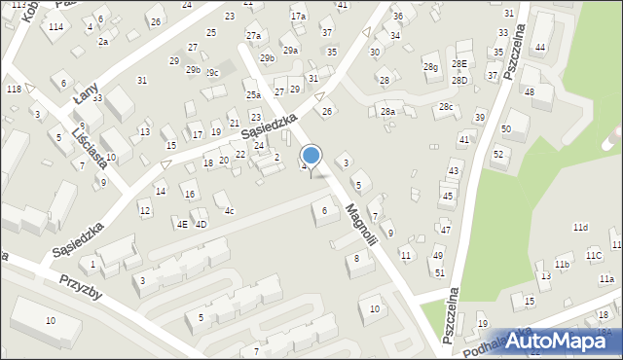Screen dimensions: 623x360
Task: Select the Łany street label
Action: [88, 93]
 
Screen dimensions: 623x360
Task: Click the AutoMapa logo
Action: [560, 340]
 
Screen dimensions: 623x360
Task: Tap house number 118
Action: [14, 90]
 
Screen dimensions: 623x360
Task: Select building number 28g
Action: [430, 67]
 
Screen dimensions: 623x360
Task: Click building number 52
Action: [497, 154]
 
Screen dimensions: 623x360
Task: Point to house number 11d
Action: [580, 227]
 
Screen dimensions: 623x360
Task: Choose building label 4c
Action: [229, 210]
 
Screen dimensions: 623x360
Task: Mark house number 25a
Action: [252, 95]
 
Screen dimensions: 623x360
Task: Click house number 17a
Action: [298, 17]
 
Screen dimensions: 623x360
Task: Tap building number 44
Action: [539, 48]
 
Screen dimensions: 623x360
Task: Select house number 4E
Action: [182, 224]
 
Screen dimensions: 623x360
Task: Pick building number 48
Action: [530, 92]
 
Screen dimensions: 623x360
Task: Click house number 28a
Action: [387, 112]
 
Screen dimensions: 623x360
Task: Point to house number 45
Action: [447, 196]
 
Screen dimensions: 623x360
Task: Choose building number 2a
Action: [102, 42]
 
